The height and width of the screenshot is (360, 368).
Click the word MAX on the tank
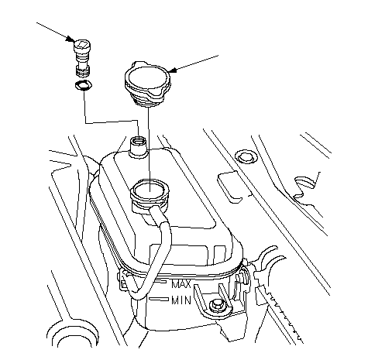point(181,284)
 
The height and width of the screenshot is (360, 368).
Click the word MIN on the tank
point(181,300)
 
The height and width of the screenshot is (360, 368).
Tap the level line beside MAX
point(160,282)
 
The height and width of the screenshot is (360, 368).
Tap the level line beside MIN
point(159,300)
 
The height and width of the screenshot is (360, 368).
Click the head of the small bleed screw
point(82,46)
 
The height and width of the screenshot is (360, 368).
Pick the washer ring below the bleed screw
point(83,86)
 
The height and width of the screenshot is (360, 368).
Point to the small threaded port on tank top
point(138,146)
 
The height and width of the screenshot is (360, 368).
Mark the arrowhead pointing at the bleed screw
point(70,39)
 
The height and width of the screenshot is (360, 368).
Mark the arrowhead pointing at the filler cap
point(172,70)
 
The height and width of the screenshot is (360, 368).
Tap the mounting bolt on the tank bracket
point(215,306)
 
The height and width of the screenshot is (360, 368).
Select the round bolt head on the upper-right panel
point(244,156)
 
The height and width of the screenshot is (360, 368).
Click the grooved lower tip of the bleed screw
point(83,70)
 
